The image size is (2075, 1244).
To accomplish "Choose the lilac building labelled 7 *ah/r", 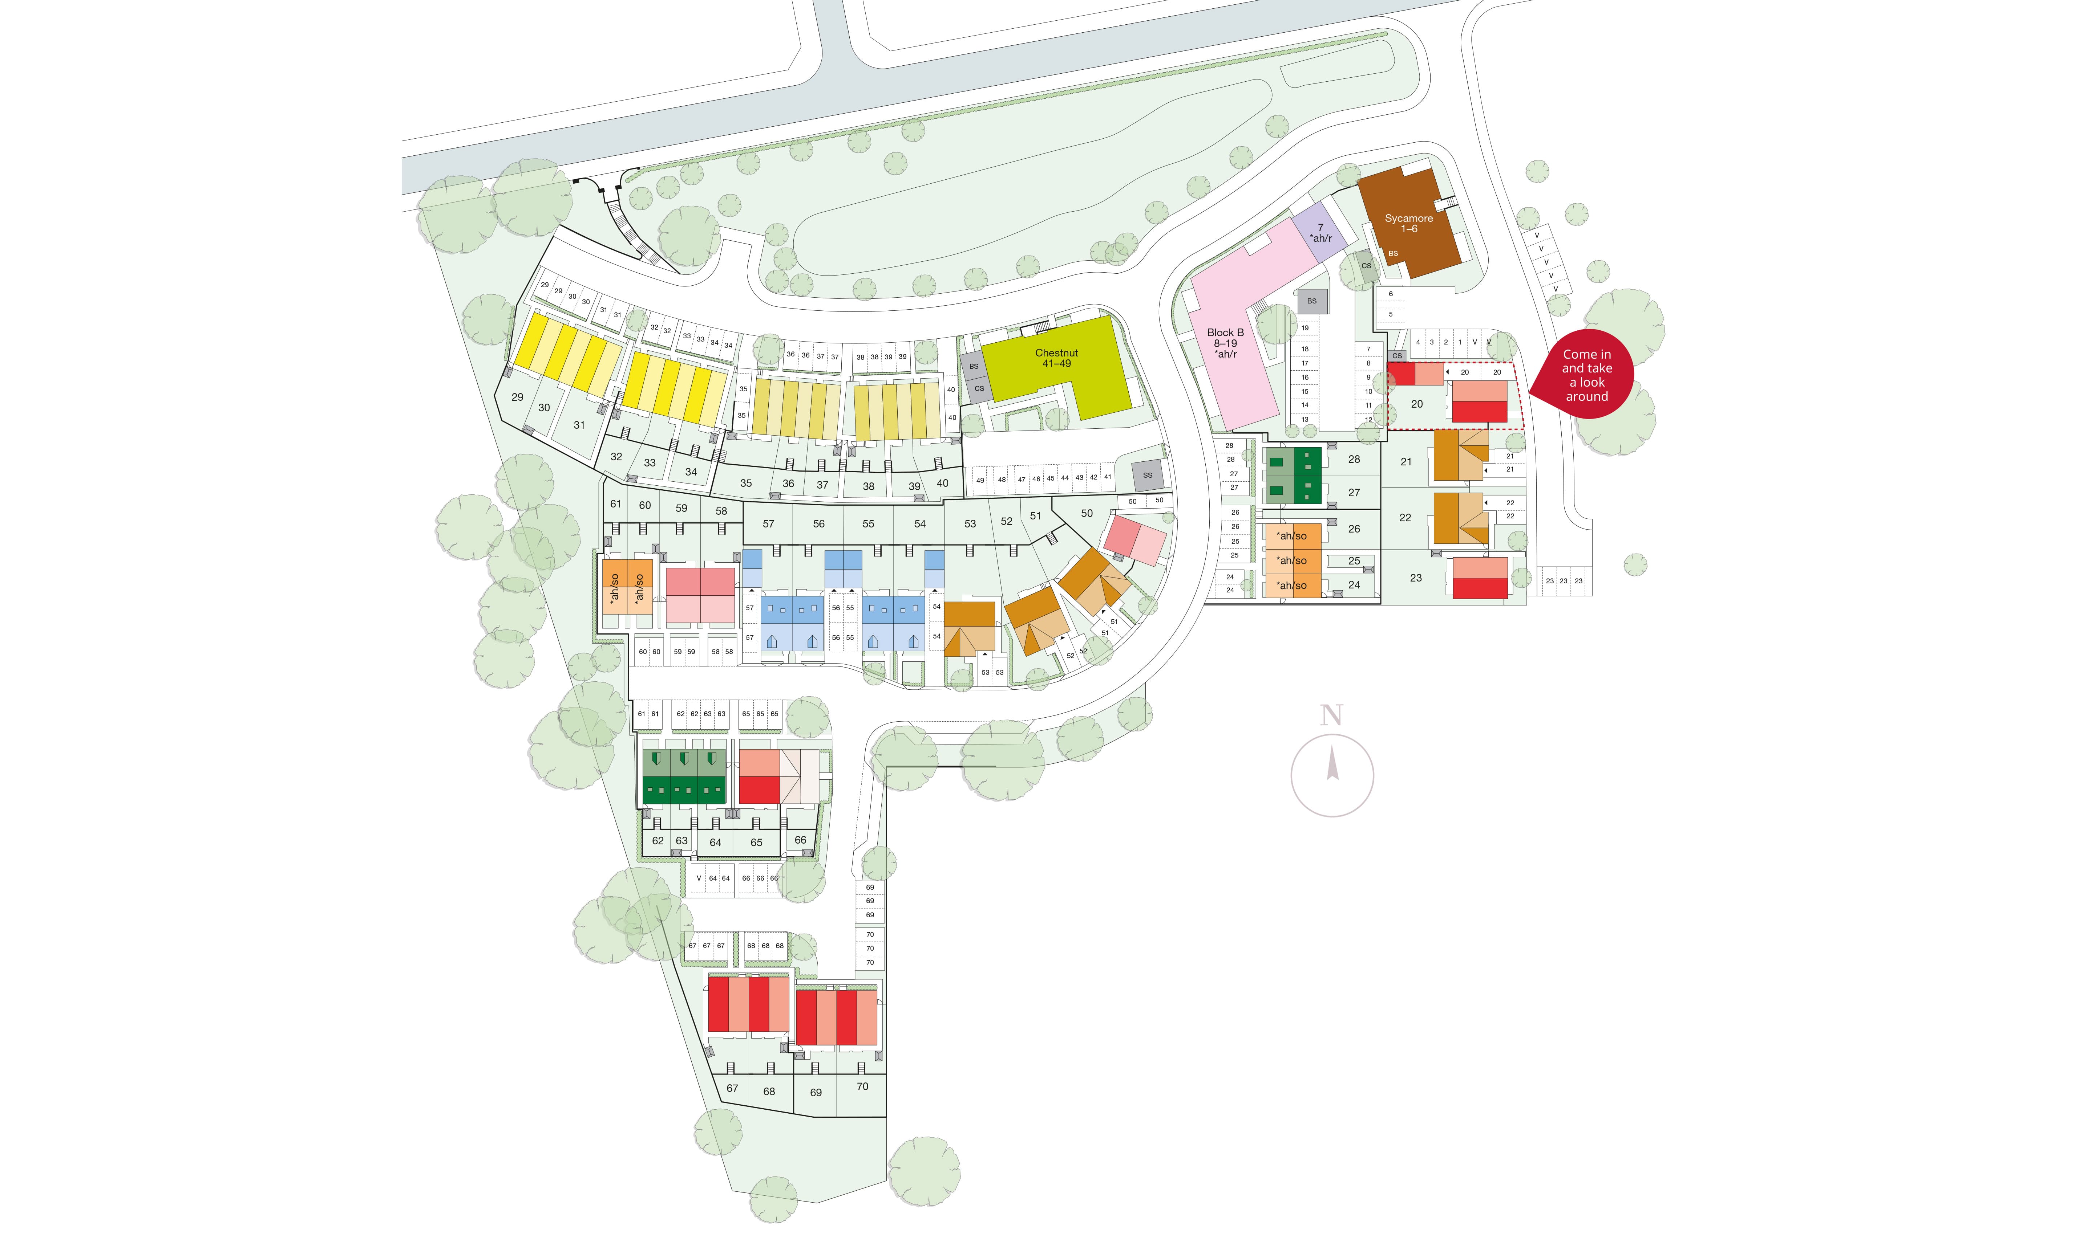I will (1320, 233).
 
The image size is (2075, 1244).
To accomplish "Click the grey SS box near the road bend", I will (1147, 475).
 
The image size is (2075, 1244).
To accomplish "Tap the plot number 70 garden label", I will (862, 1086).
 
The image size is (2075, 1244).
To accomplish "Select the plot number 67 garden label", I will (732, 1088).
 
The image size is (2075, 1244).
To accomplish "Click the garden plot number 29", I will (518, 397).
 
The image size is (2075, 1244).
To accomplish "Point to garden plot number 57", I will (768, 524).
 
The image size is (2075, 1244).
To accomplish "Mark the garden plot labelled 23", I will (1416, 578).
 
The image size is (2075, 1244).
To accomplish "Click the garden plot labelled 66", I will (800, 840).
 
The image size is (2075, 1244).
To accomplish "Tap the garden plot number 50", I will (1087, 513).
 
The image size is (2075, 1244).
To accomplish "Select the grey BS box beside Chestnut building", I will (974, 366).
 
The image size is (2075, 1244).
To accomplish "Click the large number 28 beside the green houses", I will (1354, 459).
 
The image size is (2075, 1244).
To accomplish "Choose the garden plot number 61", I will (616, 504).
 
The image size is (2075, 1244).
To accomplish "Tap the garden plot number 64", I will (715, 843).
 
